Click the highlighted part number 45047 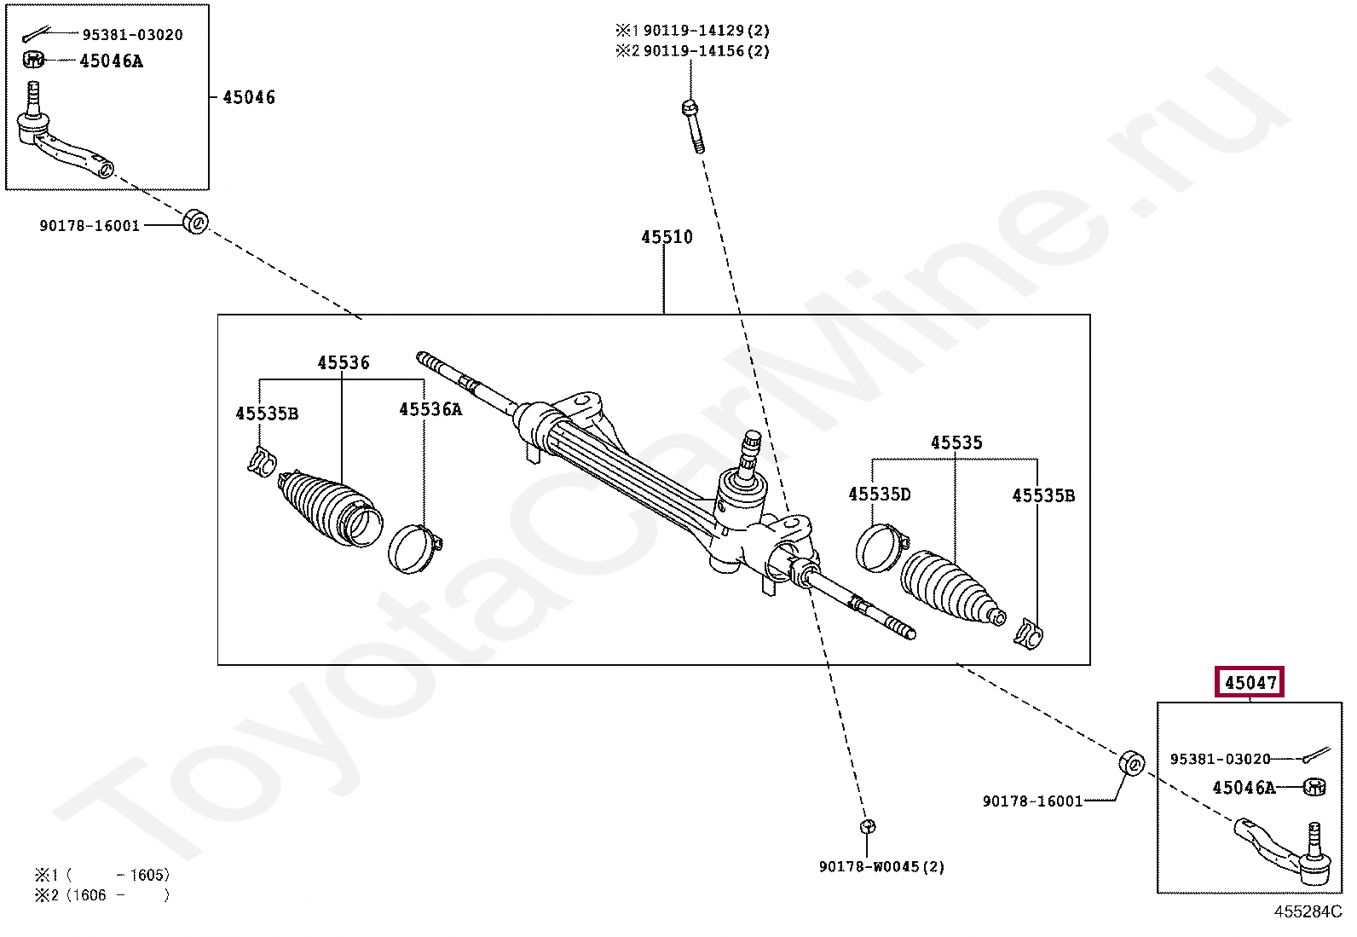click(1249, 682)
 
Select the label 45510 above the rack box click(667, 237)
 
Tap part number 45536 click(343, 362)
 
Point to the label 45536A click(430, 410)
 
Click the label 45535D click(879, 495)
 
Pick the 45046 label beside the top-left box click(248, 97)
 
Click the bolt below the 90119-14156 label click(694, 127)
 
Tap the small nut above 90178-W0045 click(868, 826)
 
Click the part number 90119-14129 click(693, 31)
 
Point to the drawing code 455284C click(1308, 911)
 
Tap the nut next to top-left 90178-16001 click(196, 222)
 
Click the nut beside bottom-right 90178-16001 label click(1131, 763)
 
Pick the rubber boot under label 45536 click(330, 508)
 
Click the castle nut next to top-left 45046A click(33, 60)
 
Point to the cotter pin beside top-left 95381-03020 click(37, 34)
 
